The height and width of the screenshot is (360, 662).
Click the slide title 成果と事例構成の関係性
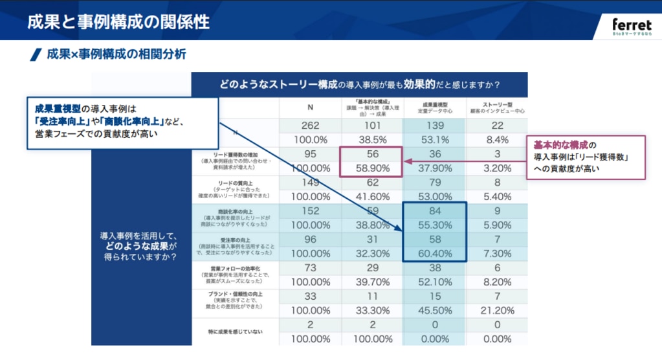118,21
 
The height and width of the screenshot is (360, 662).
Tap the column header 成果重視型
434,104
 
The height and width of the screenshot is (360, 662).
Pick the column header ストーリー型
496,104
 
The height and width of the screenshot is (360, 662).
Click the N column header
310,107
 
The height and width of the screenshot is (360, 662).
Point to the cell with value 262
310,126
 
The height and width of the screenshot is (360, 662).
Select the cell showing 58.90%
372,168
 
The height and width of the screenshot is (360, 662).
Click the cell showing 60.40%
434,252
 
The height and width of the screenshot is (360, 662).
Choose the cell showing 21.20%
496,310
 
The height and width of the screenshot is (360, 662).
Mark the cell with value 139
434,126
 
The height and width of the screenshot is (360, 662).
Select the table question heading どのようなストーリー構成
359,85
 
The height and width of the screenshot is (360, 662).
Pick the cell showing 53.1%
434,140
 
